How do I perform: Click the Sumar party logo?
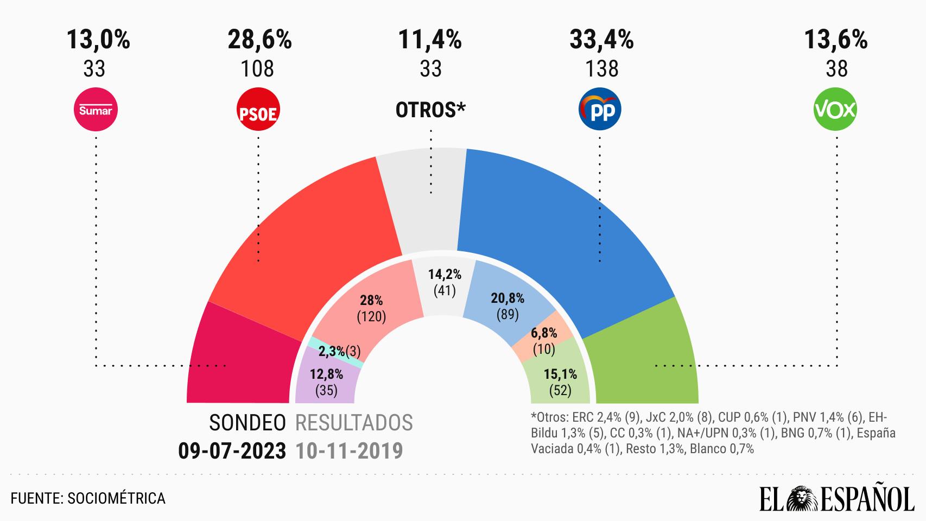click(x=96, y=110)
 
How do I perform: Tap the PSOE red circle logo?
click(x=258, y=110)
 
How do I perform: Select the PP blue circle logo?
click(x=600, y=110)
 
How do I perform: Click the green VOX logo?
click(x=835, y=110)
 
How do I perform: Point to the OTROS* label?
click(x=430, y=110)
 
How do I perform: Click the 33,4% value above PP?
click(x=601, y=40)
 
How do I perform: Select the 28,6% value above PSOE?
click(x=259, y=40)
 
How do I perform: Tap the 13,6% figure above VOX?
click(x=836, y=40)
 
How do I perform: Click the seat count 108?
click(x=257, y=69)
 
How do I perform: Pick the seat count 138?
click(x=602, y=69)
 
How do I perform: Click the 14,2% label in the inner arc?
click(x=445, y=275)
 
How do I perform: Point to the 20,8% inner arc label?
click(x=508, y=298)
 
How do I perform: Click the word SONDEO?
click(x=248, y=423)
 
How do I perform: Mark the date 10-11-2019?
click(x=350, y=451)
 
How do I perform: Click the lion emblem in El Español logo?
click(x=800, y=499)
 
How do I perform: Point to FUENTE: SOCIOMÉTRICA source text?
click(x=88, y=498)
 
